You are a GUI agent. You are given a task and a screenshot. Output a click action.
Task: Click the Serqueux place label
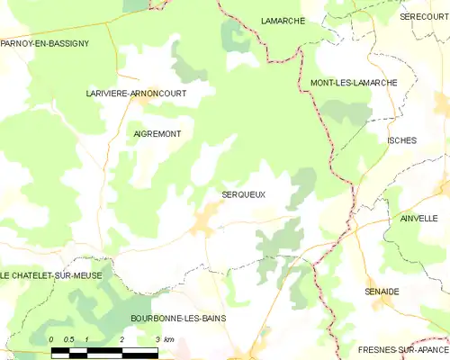click(243, 193)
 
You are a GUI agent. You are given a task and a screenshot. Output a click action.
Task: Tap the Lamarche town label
click(283, 20)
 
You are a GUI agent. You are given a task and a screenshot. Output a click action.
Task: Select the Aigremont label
click(157, 133)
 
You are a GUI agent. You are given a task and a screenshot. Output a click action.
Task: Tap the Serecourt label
click(424, 16)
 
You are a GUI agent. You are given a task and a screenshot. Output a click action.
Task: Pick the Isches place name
click(400, 140)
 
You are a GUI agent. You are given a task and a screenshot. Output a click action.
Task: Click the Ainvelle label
click(418, 218)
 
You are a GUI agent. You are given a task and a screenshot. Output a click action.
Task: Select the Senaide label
click(407, 291)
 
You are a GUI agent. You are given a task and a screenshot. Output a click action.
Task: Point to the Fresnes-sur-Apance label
click(402, 348)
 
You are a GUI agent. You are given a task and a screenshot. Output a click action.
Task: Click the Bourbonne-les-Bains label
click(178, 319)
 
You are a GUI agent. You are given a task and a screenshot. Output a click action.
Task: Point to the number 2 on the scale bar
click(121, 338)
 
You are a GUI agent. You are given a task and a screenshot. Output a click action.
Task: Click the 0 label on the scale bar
click(52, 338)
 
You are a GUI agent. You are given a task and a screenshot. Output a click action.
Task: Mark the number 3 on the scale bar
click(157, 338)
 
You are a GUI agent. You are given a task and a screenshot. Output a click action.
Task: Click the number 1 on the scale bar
click(86, 338)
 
